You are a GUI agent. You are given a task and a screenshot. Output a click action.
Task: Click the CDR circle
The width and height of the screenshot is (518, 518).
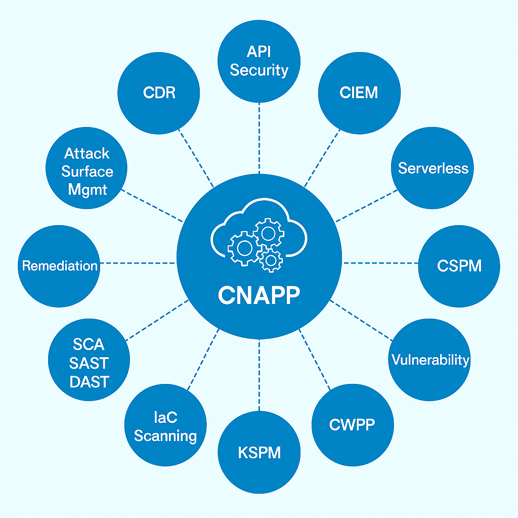click(x=159, y=93)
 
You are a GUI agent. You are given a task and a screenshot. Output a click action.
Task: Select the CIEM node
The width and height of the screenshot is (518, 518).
click(x=359, y=93)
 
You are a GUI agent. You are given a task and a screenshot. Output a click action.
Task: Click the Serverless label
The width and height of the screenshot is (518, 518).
click(x=433, y=168)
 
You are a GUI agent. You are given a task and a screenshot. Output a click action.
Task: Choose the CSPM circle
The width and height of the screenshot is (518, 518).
click(x=459, y=266)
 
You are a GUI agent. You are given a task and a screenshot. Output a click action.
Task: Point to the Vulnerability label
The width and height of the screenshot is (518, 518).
click(x=430, y=360)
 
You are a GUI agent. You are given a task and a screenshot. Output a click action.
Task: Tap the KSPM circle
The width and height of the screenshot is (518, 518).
click(x=259, y=452)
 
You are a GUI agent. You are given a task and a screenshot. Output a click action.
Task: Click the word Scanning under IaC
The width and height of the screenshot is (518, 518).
click(x=165, y=436)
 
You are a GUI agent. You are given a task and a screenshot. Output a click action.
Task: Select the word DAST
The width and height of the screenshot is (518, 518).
click(x=89, y=382)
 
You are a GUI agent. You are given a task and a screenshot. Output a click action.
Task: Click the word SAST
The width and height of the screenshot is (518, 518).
click(x=89, y=363)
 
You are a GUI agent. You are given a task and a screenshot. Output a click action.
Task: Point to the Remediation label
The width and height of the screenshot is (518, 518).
click(x=60, y=266)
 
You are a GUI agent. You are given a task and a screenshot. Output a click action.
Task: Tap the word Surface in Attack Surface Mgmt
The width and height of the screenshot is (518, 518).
click(x=87, y=171)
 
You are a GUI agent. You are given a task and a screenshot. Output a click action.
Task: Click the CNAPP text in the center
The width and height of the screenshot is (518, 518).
click(x=259, y=295)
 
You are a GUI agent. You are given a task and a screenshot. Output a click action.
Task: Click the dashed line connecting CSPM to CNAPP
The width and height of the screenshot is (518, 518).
click(x=380, y=263)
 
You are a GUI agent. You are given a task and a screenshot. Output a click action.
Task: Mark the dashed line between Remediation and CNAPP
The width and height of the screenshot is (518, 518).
click(x=138, y=263)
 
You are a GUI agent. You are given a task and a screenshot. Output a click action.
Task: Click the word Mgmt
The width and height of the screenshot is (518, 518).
click(x=87, y=190)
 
